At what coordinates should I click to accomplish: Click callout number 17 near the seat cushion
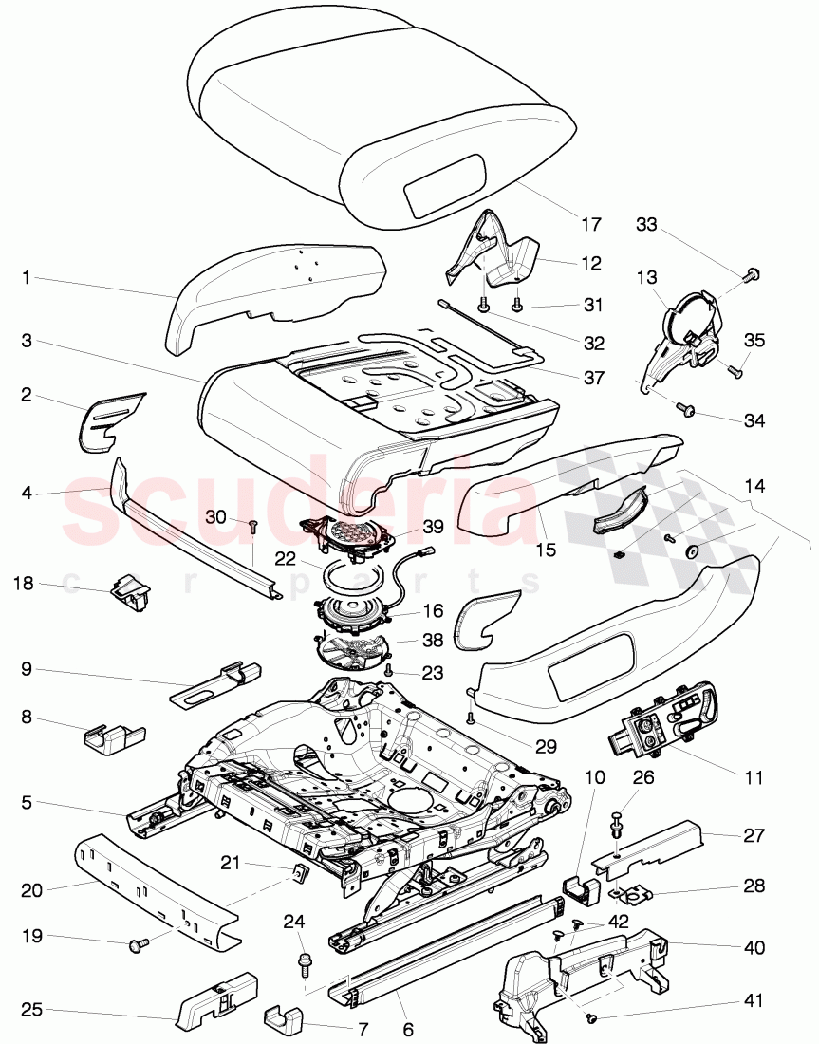click(x=591, y=226)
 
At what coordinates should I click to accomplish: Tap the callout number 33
click(x=646, y=225)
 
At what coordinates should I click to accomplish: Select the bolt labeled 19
click(x=138, y=943)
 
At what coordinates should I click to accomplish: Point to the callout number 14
click(x=754, y=485)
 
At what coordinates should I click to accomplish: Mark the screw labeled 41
click(x=591, y=1019)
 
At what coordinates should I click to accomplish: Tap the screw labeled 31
click(x=518, y=305)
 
